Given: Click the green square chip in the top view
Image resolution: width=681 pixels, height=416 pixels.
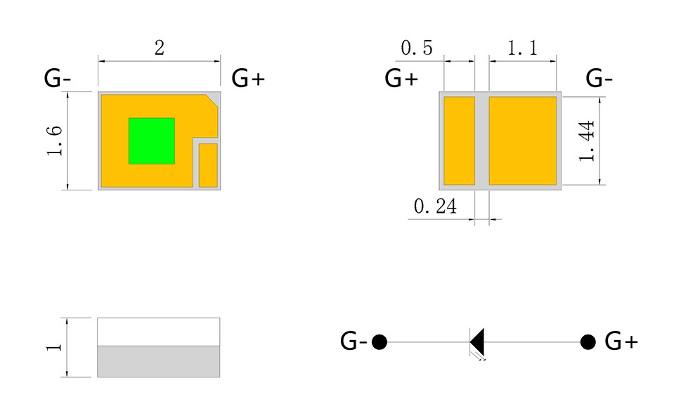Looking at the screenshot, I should [x=151, y=141].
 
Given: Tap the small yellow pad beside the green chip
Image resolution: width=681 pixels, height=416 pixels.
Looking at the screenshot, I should [x=208, y=165].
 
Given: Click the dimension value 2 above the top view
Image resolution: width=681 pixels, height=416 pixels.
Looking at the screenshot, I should [x=160, y=48].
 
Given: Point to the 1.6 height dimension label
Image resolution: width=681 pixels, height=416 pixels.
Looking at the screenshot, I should [x=56, y=141].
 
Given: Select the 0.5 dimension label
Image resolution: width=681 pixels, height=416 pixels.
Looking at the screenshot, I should [x=417, y=48].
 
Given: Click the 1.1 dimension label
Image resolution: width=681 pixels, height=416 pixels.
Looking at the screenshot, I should [x=522, y=48].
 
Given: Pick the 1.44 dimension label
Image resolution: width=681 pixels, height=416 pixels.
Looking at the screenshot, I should [x=588, y=141].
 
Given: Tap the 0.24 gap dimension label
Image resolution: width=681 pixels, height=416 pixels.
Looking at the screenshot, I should [x=436, y=207].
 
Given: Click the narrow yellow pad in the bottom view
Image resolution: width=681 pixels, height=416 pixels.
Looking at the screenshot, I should [x=460, y=141].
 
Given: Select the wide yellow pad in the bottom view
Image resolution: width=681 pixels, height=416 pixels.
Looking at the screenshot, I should [x=523, y=141].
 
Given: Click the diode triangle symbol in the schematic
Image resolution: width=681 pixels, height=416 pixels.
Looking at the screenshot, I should [x=478, y=342].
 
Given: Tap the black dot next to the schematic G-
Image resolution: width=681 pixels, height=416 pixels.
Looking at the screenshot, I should [x=380, y=342].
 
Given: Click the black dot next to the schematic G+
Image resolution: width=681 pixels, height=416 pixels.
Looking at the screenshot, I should [x=588, y=342].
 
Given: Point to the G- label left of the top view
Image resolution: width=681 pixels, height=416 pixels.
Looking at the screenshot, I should [x=57, y=78].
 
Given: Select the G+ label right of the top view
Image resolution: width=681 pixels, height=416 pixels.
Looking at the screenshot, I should [x=248, y=78].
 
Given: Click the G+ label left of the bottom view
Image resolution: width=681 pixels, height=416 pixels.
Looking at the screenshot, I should [x=401, y=78].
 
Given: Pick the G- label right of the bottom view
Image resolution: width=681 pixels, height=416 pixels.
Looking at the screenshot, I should [x=599, y=78].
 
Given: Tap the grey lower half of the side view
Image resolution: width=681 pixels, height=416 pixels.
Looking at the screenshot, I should [x=158, y=361].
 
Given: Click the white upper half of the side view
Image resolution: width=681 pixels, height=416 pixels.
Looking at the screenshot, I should [x=158, y=331].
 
